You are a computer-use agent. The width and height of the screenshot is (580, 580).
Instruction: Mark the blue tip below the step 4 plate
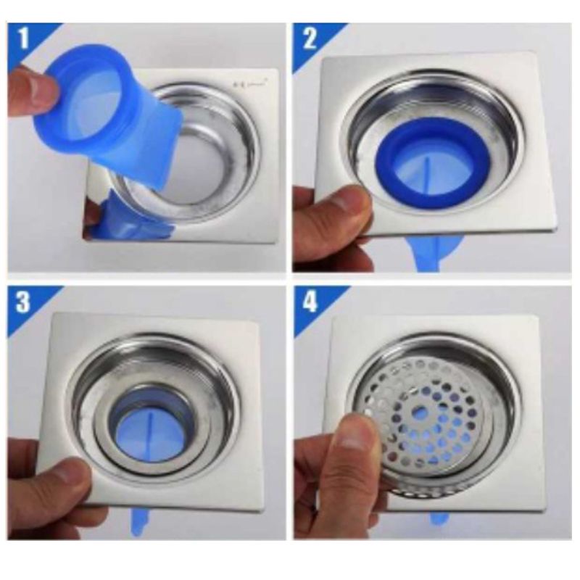(x=438, y=518)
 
